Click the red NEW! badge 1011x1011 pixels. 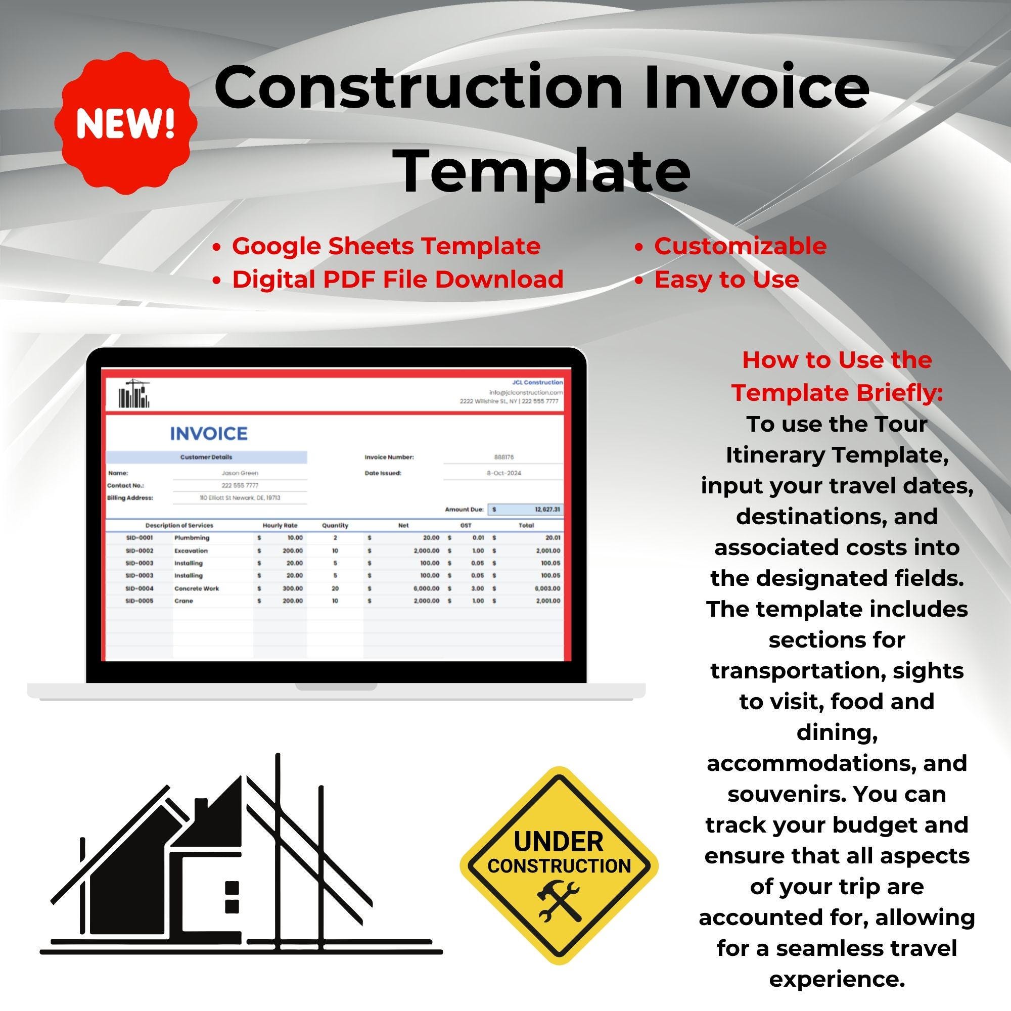[125, 123]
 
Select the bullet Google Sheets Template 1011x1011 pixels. [386, 246]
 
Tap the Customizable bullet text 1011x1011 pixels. [740, 246]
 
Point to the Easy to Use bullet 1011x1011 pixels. [726, 280]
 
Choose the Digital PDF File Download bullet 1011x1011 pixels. [398, 280]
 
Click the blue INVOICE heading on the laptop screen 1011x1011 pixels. [208, 433]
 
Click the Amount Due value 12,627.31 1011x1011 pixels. [547, 509]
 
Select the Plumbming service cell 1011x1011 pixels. [192, 537]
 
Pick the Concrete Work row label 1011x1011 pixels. [196, 588]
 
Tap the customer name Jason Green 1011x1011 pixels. [240, 473]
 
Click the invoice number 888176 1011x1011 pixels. [503, 457]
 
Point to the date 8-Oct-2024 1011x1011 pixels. [503, 473]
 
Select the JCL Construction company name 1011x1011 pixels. [537, 383]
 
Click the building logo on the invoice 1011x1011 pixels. [134, 393]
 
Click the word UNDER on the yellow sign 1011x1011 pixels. [559, 842]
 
